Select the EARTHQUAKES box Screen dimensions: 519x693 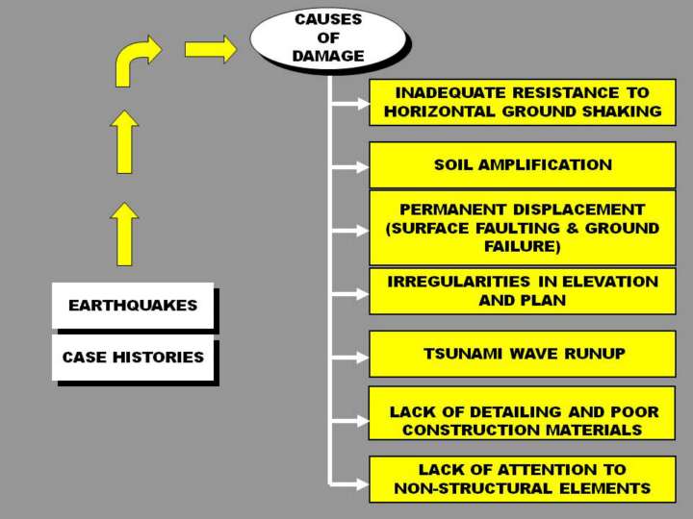[x=133, y=306]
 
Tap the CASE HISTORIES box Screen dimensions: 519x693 [x=133, y=358]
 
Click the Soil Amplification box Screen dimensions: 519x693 [x=523, y=164]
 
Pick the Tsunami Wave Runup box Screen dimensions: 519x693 [x=523, y=354]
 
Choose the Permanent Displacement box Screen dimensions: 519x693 [x=523, y=228]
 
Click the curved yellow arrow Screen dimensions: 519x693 [x=136, y=61]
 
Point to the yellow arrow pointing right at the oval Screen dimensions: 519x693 [x=210, y=48]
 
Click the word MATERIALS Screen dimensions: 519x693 [x=591, y=430]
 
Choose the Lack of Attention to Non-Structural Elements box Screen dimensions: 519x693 [x=523, y=479]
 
